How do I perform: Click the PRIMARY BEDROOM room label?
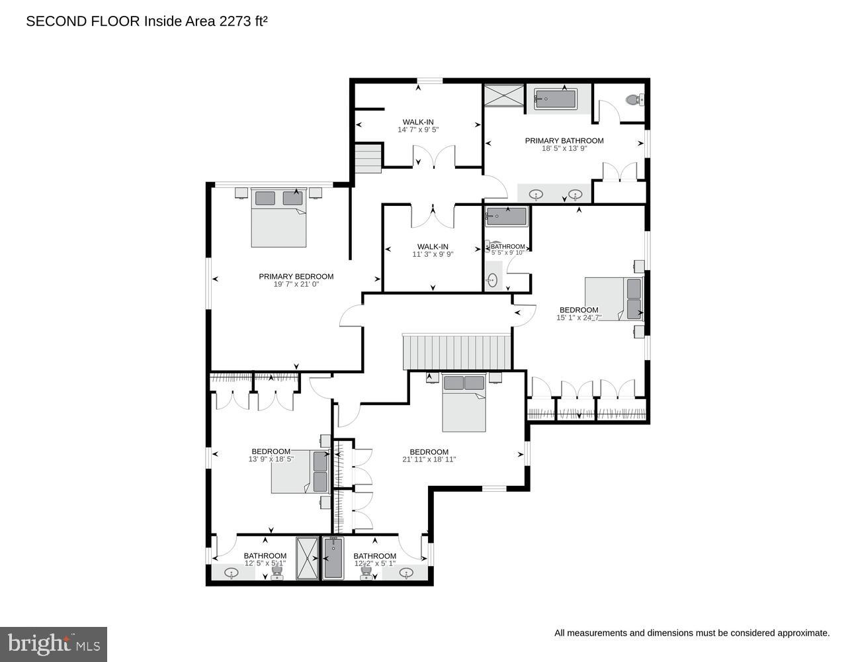tap(296, 277)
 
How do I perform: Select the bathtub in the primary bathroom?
tap(556, 99)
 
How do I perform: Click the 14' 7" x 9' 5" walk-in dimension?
tap(418, 130)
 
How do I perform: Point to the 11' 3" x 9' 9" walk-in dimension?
tap(433, 254)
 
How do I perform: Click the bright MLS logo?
tap(54, 644)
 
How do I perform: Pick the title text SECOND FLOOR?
tap(83, 21)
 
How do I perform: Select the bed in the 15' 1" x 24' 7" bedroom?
tap(614, 299)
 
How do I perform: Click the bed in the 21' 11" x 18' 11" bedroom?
tap(464, 403)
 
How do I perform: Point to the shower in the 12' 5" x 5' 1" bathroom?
tap(307, 559)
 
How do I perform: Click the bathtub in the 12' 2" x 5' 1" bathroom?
tap(333, 559)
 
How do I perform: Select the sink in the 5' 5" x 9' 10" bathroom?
tap(492, 279)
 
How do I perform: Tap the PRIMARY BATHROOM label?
tap(564, 140)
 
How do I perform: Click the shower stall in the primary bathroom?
tap(504, 96)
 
